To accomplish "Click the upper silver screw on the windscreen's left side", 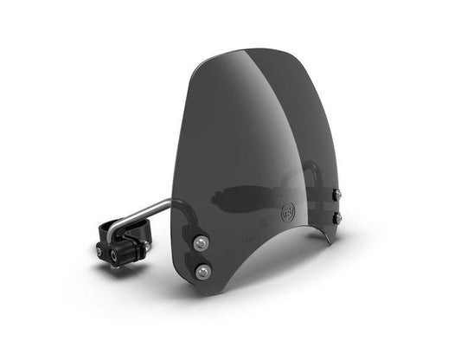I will click(200, 241).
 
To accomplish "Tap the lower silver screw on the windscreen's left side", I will click(202, 272).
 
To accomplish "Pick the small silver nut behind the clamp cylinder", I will click(147, 246).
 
